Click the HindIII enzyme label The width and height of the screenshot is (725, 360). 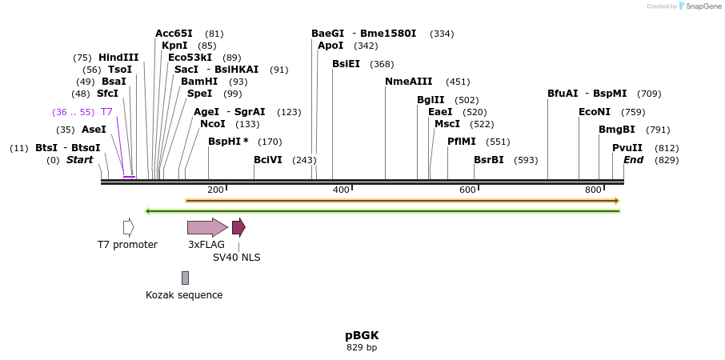click(x=118, y=58)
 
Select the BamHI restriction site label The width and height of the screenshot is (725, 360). click(x=198, y=82)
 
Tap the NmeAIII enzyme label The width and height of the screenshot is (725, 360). click(x=408, y=82)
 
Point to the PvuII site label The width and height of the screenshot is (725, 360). click(x=627, y=148)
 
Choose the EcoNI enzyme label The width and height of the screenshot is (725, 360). click(x=594, y=112)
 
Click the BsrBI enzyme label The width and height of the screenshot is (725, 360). click(x=488, y=160)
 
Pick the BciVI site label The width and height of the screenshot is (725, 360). click(x=267, y=160)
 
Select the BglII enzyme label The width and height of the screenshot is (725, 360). click(x=430, y=100)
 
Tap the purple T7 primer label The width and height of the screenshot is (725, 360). click(x=106, y=112)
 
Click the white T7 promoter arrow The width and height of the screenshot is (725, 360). click(x=128, y=227)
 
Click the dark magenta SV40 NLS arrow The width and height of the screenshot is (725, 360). click(x=238, y=227)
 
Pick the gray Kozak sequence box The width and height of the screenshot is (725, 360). click(x=185, y=278)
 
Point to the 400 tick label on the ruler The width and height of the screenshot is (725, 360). click(x=342, y=190)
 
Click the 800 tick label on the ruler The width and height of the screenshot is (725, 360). click(x=593, y=190)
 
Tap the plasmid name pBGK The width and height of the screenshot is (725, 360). click(x=362, y=335)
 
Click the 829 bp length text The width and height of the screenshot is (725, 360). click(x=362, y=348)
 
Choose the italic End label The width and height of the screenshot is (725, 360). click(x=633, y=160)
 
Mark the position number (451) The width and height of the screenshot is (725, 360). click(x=458, y=82)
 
